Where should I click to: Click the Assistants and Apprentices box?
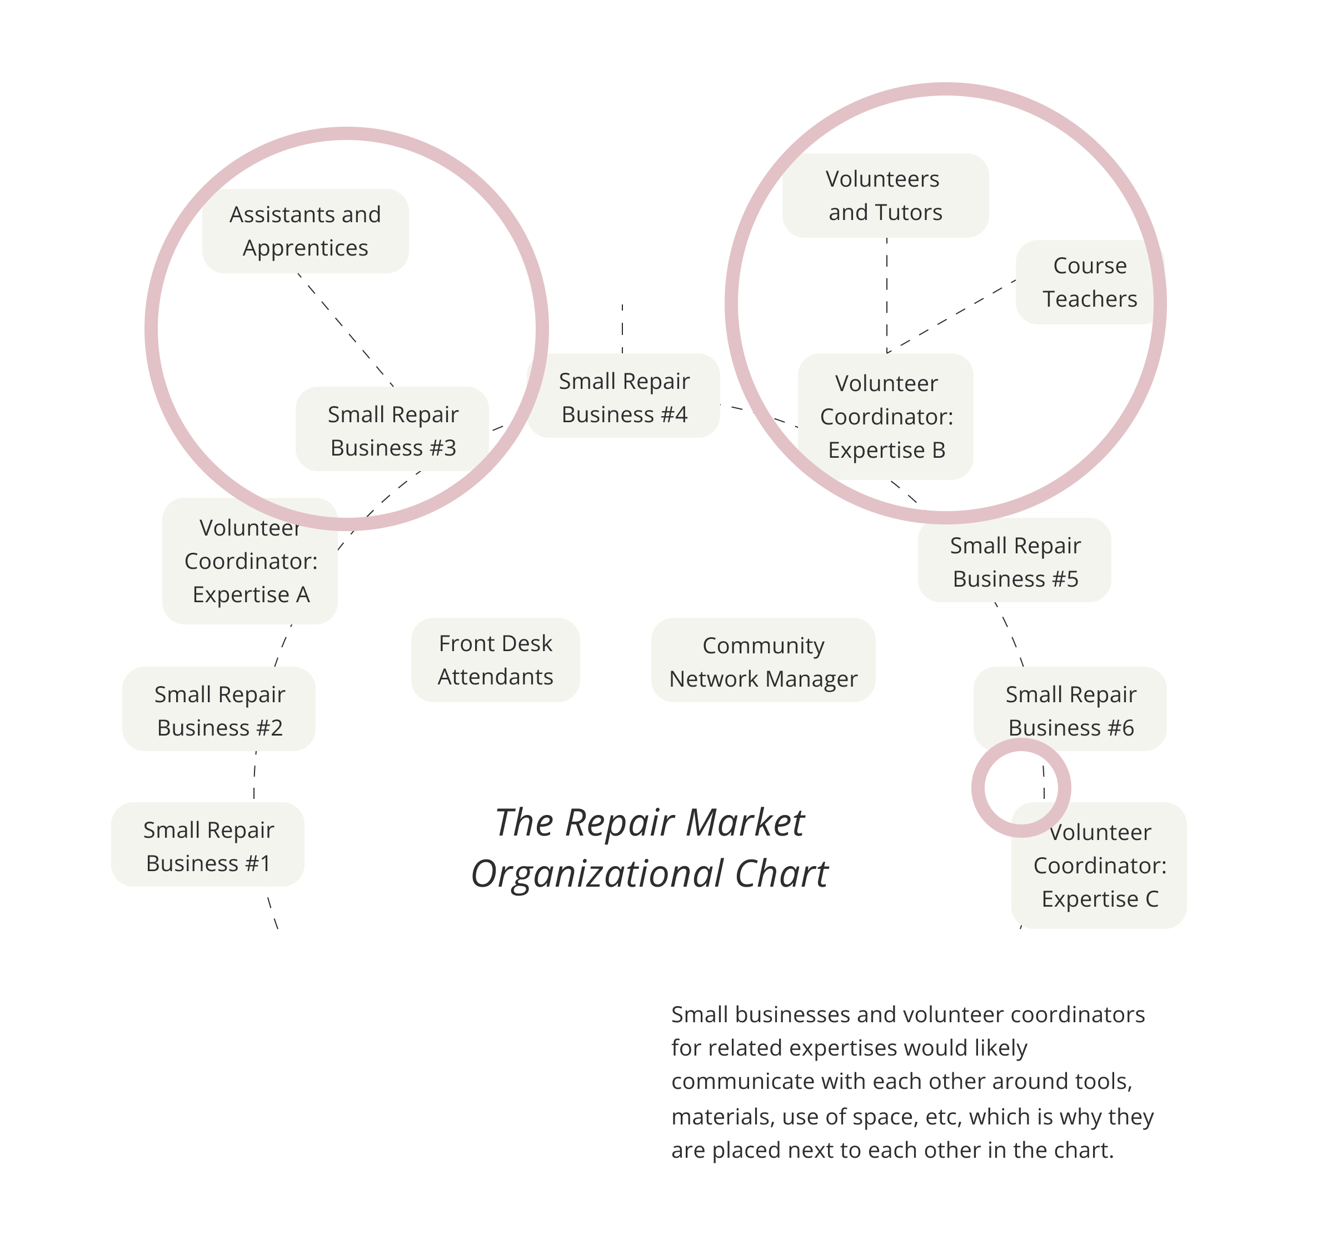pyautogui.click(x=305, y=231)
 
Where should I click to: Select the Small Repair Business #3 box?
pyautogui.click(x=392, y=430)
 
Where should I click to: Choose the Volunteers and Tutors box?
pyautogui.click(x=885, y=196)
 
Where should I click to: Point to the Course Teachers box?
pyautogui.click(x=1089, y=282)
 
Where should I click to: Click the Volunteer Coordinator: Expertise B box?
pyautogui.click(x=886, y=417)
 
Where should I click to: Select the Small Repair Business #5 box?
pyautogui.click(x=1015, y=562)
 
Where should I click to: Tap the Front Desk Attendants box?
pyautogui.click(x=495, y=660)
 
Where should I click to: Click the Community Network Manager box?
pyautogui.click(x=764, y=662)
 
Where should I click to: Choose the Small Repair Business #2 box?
pyautogui.click(x=219, y=711)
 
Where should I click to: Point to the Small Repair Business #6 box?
pyautogui.click(x=1070, y=711)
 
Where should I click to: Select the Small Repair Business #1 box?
pyautogui.click(x=208, y=846)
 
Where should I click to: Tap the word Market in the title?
pyautogui.click(x=745, y=823)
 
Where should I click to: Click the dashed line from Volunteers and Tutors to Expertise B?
pyautogui.click(x=887, y=296)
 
